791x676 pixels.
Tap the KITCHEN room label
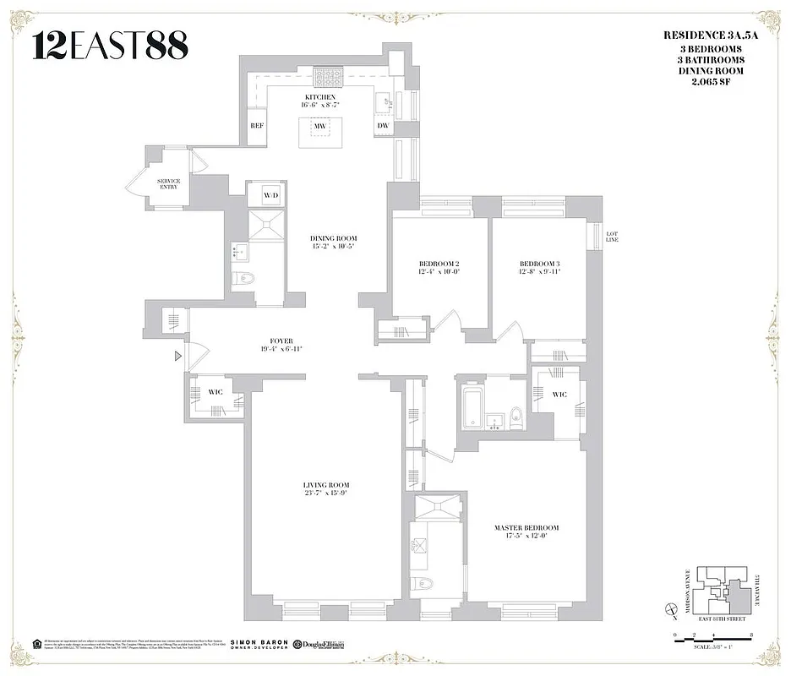pos(320,97)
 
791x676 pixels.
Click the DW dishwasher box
pos(383,125)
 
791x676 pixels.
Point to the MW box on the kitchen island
pos(320,126)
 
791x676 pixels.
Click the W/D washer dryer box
pos(270,195)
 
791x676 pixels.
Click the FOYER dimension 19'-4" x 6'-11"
pos(281,349)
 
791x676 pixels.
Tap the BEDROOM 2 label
pos(438,264)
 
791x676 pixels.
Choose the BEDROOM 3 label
pos(539,264)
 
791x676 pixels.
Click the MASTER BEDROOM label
pos(526,528)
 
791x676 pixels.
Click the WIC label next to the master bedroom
pos(559,395)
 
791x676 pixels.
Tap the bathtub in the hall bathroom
pos(472,406)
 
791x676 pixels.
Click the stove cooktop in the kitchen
pos(326,77)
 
